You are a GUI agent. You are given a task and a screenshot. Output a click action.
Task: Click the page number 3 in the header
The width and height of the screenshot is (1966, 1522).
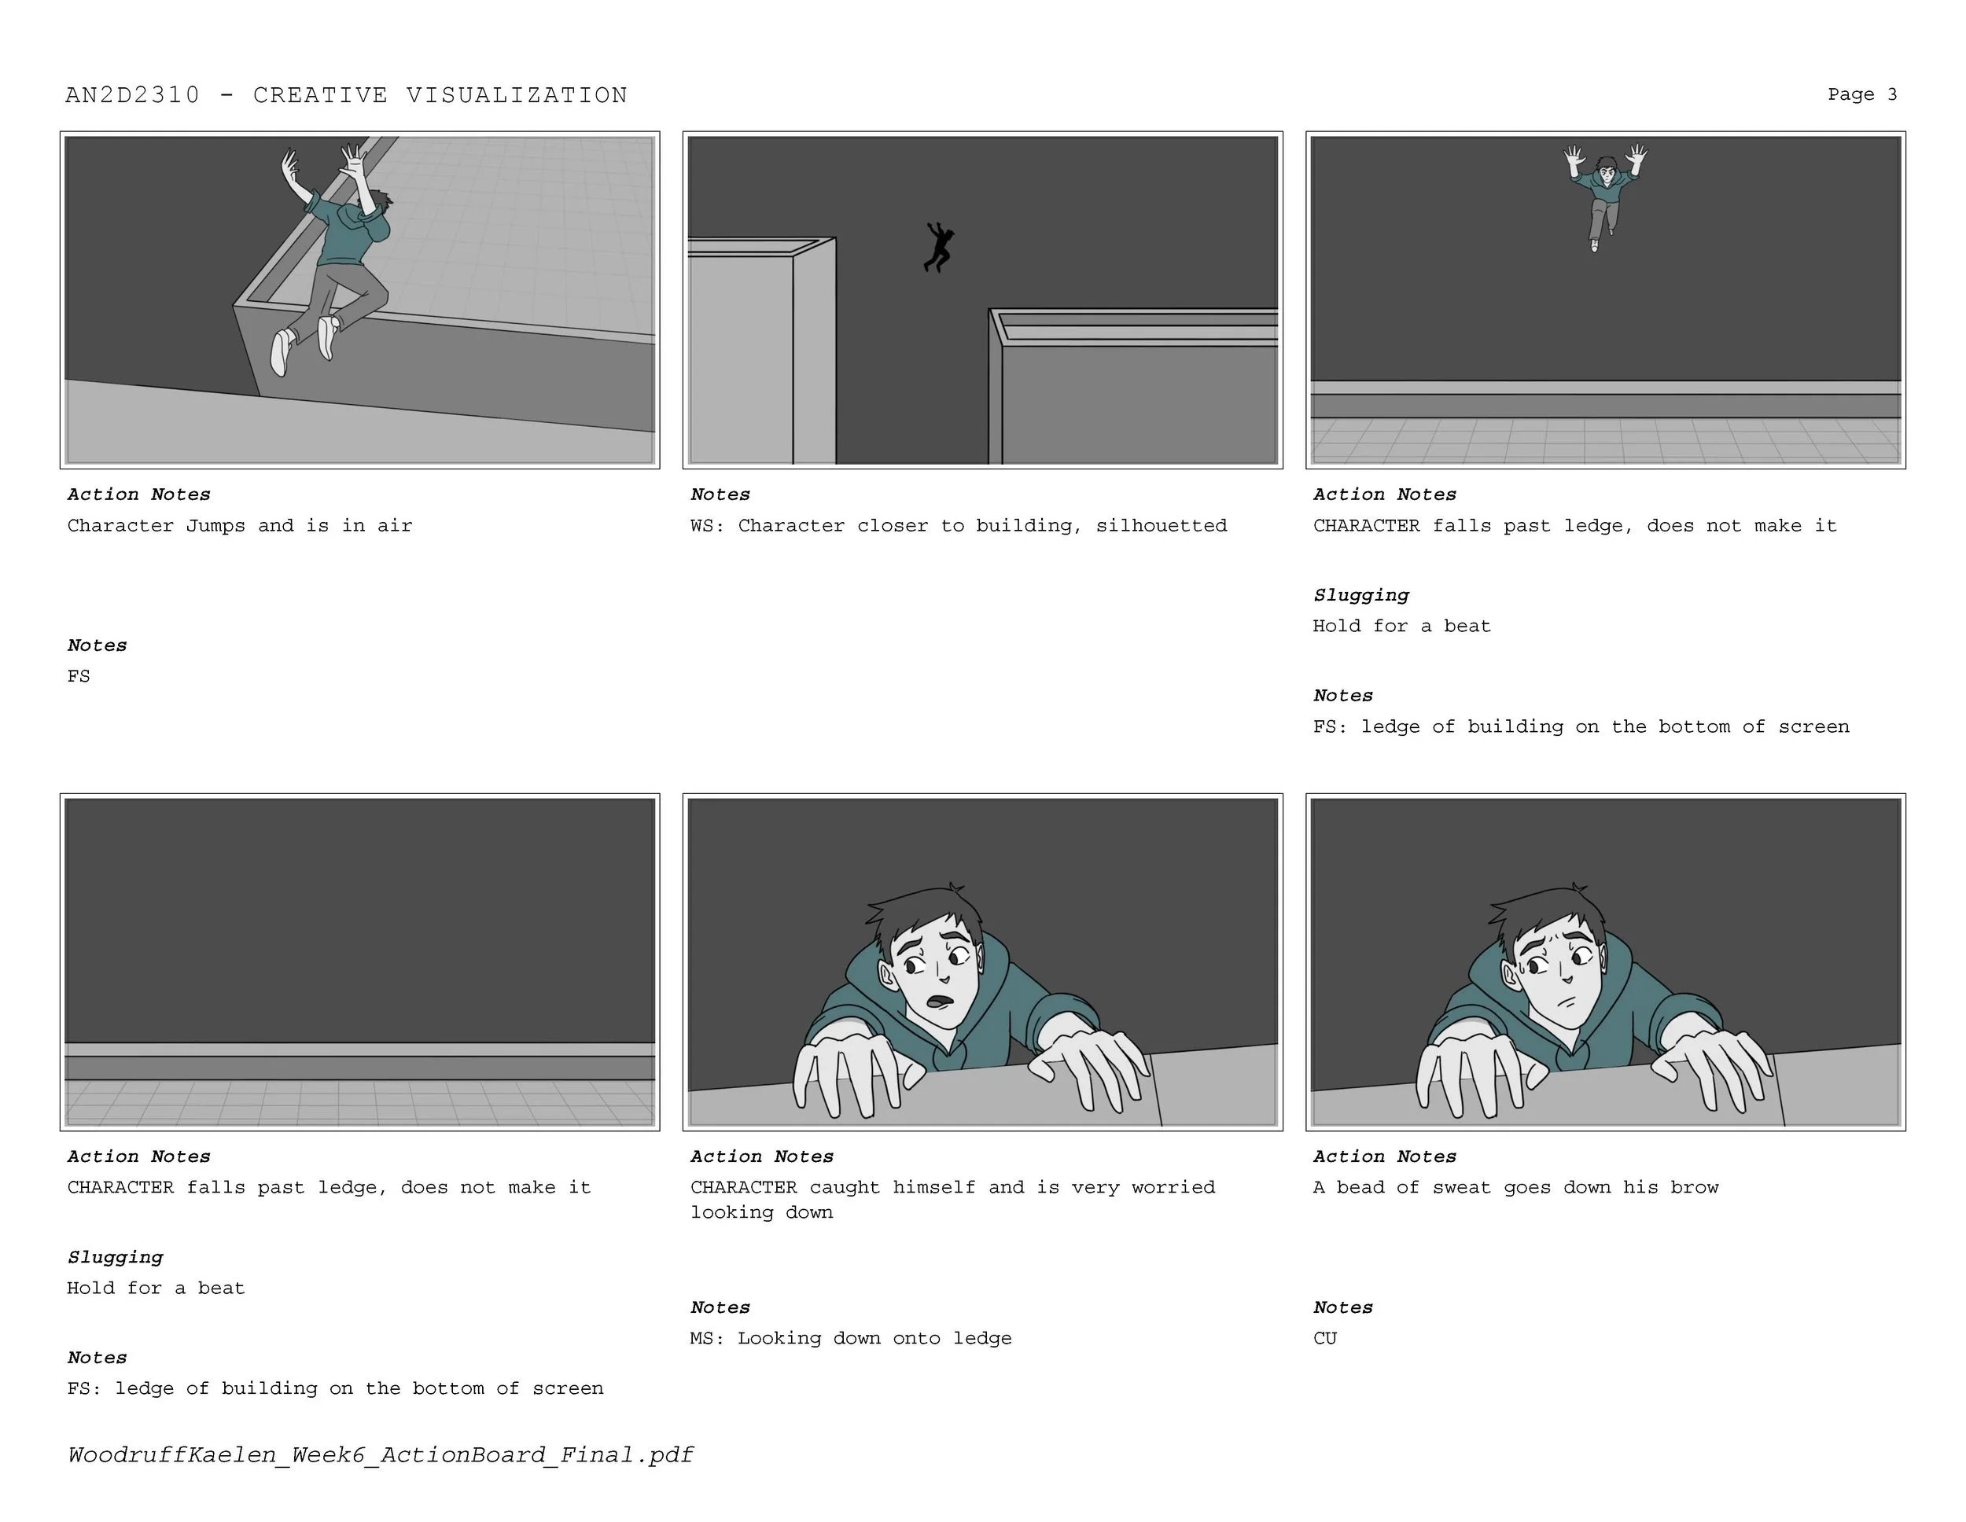[x=1892, y=94]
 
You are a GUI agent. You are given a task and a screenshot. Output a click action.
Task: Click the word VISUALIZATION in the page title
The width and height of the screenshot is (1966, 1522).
[x=517, y=95]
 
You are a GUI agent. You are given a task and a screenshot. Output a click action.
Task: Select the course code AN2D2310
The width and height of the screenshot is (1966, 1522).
[x=132, y=95]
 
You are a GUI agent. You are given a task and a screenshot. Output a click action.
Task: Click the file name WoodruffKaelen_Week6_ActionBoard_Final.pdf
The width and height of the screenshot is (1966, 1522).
[x=381, y=1455]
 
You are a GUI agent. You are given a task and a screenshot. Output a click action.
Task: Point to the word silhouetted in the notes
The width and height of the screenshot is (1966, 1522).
[x=1162, y=526]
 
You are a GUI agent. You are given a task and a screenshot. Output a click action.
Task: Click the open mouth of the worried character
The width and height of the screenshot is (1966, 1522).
[x=940, y=1000]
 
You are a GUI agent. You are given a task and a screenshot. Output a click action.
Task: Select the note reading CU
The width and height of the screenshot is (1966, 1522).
[x=1325, y=1338]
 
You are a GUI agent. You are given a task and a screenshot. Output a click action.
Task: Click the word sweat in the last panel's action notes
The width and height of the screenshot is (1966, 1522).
[x=1462, y=1187]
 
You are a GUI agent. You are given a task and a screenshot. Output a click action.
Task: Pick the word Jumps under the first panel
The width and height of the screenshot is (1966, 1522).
[x=215, y=526]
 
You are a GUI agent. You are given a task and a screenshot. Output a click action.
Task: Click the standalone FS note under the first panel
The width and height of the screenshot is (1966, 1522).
[x=79, y=676]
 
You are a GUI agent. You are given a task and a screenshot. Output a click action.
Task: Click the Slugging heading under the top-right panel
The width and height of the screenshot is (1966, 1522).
[x=1361, y=596]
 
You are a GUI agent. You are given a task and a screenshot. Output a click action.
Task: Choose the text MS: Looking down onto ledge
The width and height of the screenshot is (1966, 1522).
[x=851, y=1338]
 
